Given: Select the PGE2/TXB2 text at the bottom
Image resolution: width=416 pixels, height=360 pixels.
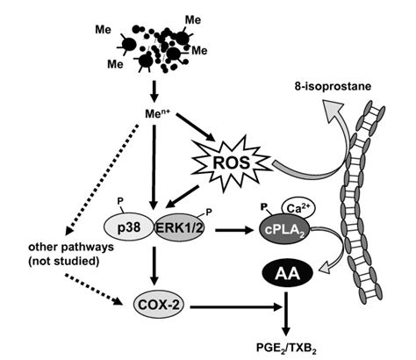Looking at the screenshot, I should coord(288,347).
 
